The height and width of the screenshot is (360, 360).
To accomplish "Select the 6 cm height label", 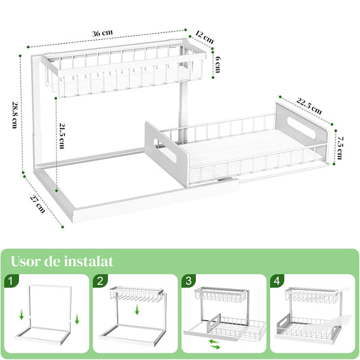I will [220, 62].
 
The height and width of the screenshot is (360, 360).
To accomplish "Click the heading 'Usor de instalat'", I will [61, 261].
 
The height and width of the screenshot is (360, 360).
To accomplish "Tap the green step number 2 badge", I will [101, 280].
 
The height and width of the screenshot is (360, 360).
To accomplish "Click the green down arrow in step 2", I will [138, 310].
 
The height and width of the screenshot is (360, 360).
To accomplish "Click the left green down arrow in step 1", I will [22, 314].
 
